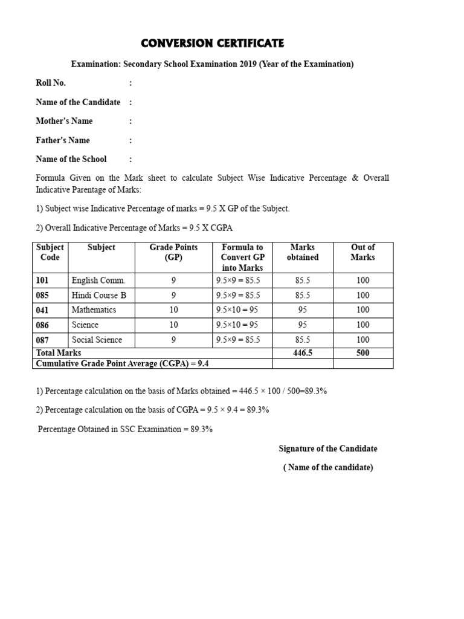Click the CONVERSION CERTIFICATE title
pos(212,44)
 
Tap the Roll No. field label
pos(51,83)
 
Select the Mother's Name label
pos(64,121)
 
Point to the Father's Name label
pos(63,140)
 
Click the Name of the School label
pos(71,159)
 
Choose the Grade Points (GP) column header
pos(173,252)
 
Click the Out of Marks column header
pos(362,252)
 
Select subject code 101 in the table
pos(42,280)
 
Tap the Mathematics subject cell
pos(94,309)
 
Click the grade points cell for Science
pos(174,325)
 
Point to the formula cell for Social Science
pos(238,340)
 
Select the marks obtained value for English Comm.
pos(303,280)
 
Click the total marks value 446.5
pos(303,352)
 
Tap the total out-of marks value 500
pos(362,352)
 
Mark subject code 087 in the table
pos(42,340)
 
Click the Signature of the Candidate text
pos(328,449)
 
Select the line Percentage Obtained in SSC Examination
pos(125,429)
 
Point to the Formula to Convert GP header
pos(242,257)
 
